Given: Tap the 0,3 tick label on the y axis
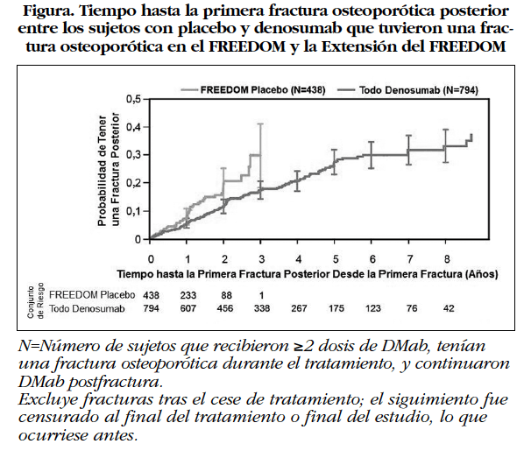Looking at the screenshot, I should pos(133,155).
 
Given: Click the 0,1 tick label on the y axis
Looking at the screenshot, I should pos(133,211).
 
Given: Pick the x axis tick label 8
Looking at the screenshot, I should pos(446,260).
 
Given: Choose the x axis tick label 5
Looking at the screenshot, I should pos(335,260).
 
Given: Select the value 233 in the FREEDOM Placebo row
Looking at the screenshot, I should pos(188,296).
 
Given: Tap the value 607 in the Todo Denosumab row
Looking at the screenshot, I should pos(188,309).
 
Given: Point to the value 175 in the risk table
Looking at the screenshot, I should pos(335,309).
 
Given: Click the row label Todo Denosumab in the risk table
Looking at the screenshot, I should pos(85,309).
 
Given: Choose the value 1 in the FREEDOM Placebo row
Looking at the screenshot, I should pos(262,296).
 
